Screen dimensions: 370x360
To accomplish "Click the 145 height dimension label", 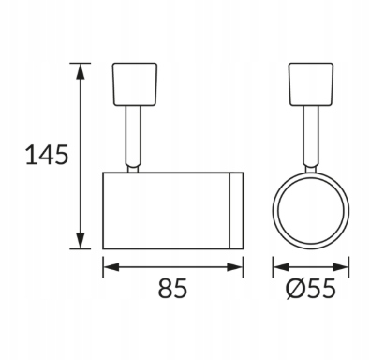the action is point(46,155).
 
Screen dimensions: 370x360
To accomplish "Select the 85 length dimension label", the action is point(172,288).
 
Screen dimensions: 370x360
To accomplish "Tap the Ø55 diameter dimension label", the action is point(311,288).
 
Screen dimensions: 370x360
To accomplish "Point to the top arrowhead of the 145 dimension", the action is point(81,71).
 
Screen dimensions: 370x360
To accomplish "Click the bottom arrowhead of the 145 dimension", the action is point(81,241).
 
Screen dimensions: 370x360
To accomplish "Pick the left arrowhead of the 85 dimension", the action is point(111,267).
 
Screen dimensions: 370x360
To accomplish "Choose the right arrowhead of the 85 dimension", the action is point(235,267).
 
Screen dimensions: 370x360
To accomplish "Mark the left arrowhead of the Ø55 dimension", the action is point(281,267).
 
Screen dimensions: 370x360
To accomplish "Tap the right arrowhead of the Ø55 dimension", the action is point(340,267).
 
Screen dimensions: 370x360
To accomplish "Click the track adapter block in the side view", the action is point(135,84).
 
